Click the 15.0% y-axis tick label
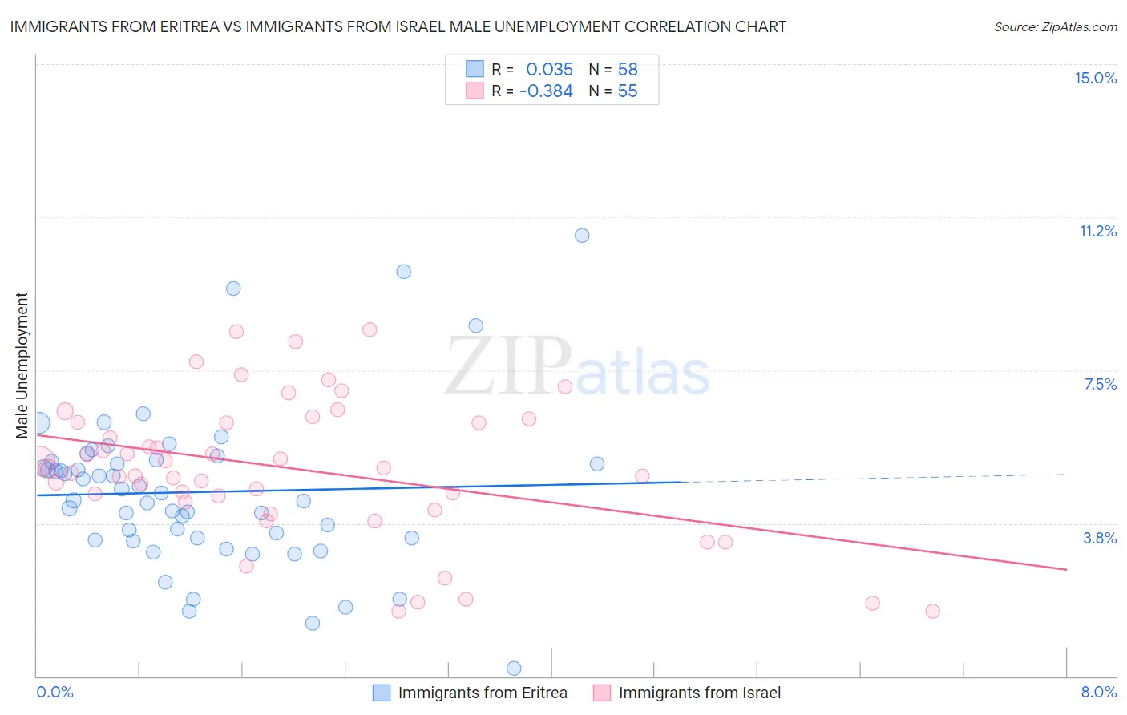1095,78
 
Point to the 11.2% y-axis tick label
1097,231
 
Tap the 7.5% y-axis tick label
1100,384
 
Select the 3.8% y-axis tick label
1100,538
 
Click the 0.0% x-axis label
55,692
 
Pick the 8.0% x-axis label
1098,692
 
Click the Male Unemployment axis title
22,366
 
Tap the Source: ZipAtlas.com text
1055,26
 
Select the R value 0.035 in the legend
549,69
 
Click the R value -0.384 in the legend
546,91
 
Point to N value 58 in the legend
628,69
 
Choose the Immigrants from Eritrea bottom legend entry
471,693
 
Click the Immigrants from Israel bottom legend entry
688,693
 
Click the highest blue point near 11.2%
582,235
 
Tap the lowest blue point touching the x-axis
514,669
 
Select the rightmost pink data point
932,611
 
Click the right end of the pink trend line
1065,569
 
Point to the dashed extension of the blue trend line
874,479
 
